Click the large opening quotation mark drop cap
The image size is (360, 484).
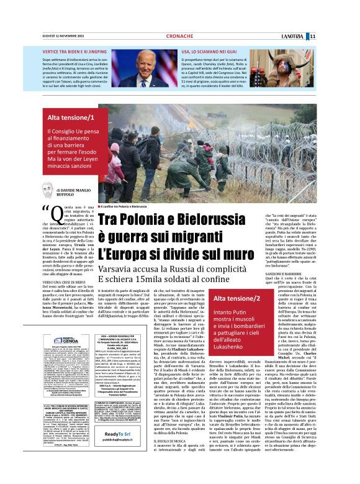47,212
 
